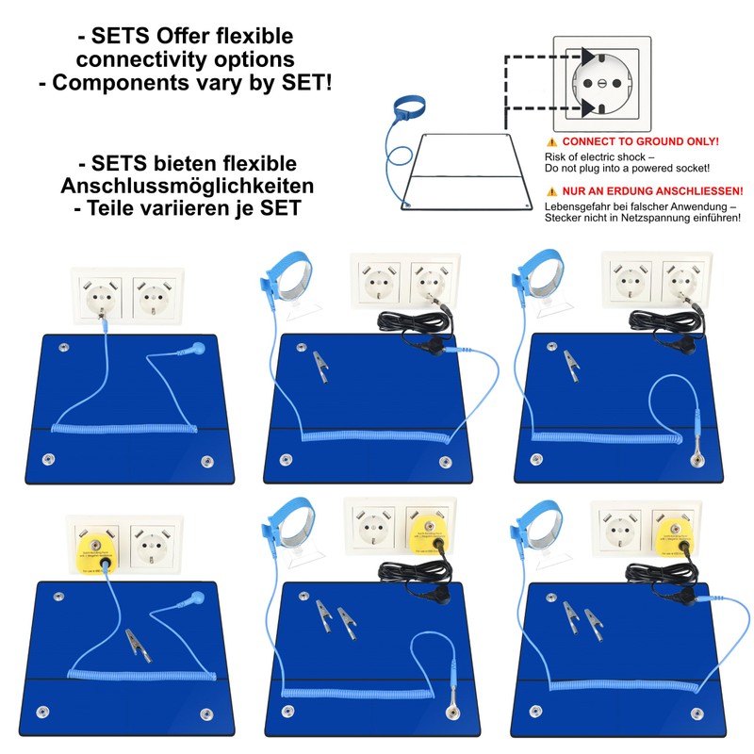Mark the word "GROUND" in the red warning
tap(653, 141)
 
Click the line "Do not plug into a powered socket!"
tap(623, 168)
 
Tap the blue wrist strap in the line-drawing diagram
tap(408, 106)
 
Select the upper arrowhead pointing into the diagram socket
tap(590, 57)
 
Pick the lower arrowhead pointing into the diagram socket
tap(590, 107)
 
